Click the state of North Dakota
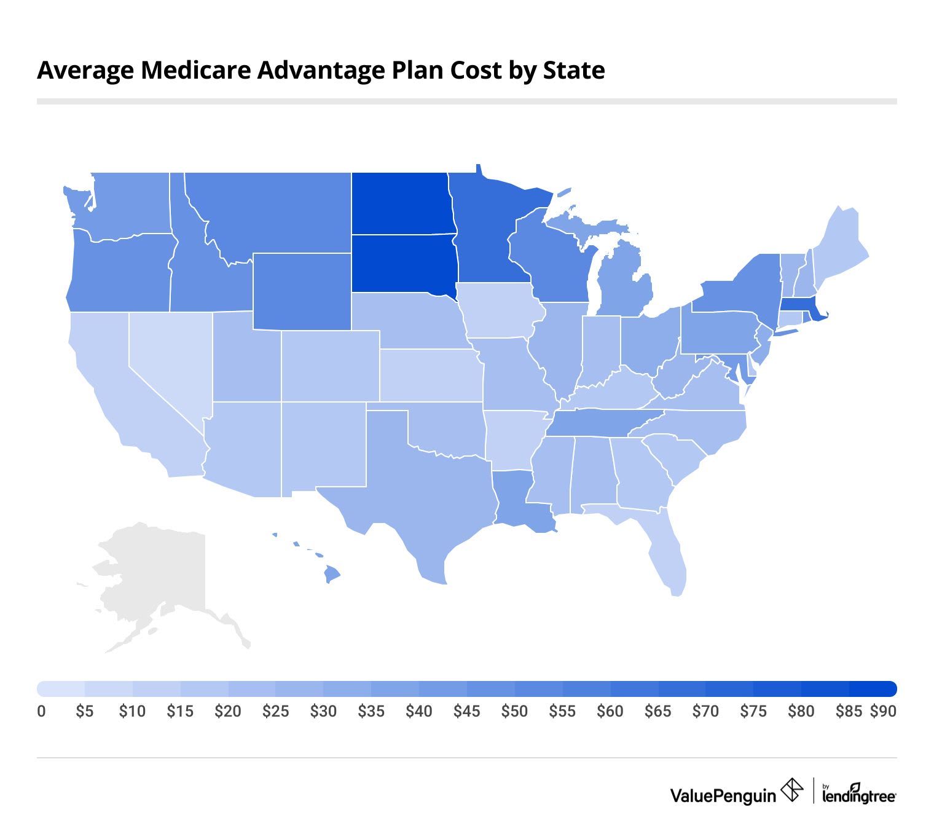click(402, 203)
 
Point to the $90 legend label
click(883, 711)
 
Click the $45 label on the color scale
click(466, 711)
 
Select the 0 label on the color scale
click(41, 711)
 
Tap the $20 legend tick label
click(227, 711)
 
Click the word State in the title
click(574, 70)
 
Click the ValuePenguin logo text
click(723, 795)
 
